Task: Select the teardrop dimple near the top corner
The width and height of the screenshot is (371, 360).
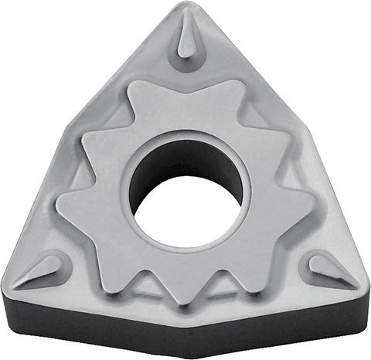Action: coord(186,39)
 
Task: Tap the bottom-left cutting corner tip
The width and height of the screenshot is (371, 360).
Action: coord(6,290)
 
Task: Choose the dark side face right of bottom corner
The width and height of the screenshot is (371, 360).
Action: coord(278,321)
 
